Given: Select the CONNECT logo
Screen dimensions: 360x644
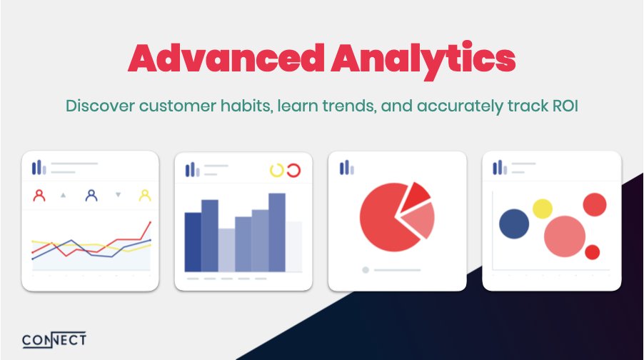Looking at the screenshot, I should pos(54,339).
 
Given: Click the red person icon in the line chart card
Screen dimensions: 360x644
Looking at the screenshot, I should pos(39,194).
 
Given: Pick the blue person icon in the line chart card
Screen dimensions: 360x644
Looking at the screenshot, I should pos(91,194).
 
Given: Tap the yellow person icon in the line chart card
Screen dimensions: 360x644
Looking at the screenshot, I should pos(144,194).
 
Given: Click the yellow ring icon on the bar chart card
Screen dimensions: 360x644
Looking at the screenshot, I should pos(276,170).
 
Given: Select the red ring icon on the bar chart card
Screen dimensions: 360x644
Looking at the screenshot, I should pos(293,170).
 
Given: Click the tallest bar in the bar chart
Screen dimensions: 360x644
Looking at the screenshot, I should pos(277,232).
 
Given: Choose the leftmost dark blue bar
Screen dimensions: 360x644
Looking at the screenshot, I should pos(193,241).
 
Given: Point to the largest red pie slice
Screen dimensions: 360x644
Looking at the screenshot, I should pos(386,218).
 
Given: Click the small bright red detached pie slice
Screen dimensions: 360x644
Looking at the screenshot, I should pos(414,196).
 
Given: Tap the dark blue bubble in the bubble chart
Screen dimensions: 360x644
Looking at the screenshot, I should pos(514,224).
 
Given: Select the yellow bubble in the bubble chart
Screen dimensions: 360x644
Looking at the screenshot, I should pos(543,209).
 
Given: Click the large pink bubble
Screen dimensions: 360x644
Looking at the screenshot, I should pos(565,236).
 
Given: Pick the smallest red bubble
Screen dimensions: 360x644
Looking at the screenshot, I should pos(592,252).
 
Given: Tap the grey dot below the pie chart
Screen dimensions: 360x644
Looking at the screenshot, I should pos(366,270).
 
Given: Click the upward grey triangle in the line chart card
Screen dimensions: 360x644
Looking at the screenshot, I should pos(64,194).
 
